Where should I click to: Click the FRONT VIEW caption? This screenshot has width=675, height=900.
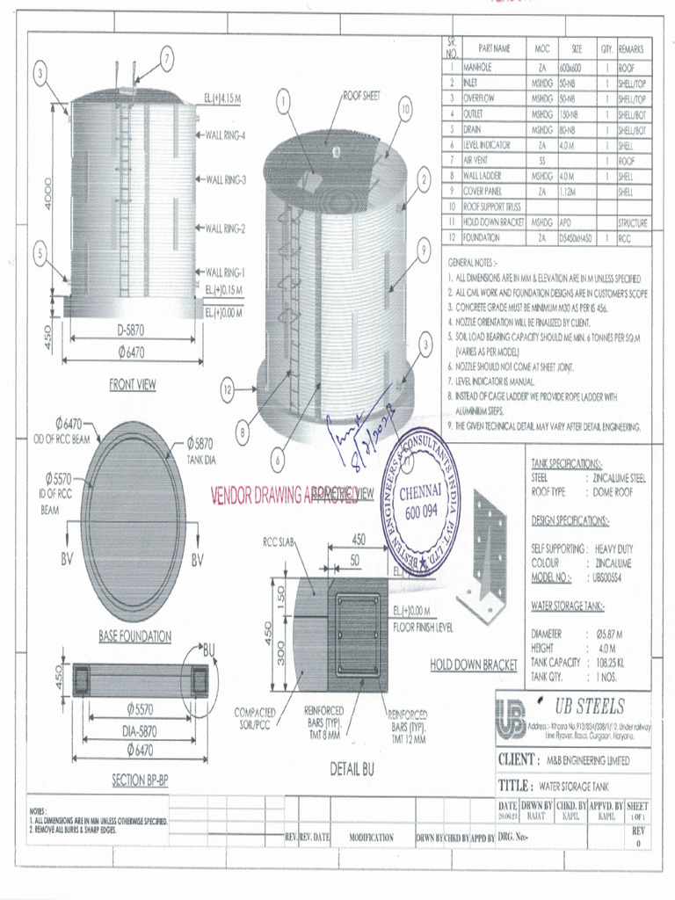click(133, 384)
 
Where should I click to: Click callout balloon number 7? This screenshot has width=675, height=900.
click(166, 59)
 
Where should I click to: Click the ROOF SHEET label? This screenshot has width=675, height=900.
click(361, 96)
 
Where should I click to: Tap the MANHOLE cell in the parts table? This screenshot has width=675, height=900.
click(477, 67)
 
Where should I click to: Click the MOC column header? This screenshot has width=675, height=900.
click(541, 48)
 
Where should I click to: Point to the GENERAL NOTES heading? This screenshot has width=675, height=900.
click(473, 262)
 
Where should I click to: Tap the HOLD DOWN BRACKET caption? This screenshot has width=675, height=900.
click(473, 665)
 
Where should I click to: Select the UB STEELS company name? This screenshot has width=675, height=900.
click(589, 707)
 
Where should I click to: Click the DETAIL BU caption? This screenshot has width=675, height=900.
click(352, 769)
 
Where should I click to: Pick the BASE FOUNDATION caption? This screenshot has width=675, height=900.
click(134, 636)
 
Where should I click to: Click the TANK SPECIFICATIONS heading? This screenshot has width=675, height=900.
click(567, 463)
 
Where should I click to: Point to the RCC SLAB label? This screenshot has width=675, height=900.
click(280, 542)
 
